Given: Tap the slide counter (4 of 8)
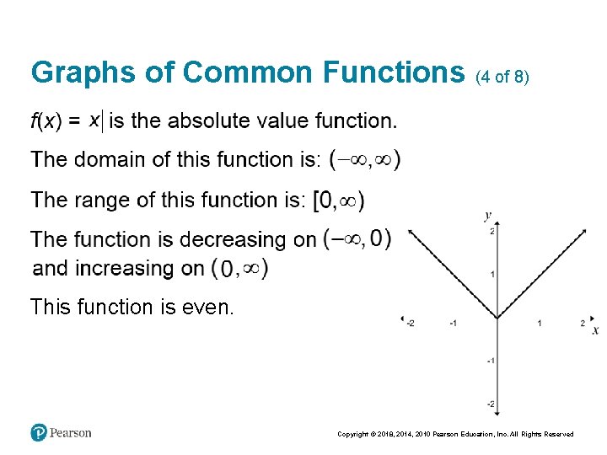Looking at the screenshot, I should click(x=502, y=77).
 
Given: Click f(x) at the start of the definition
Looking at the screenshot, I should click(x=46, y=121).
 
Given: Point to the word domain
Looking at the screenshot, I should click(x=110, y=159).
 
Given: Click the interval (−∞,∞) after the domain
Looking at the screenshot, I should click(x=364, y=159).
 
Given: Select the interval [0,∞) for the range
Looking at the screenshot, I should click(x=338, y=201).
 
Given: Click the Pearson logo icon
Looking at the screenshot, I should click(x=39, y=433).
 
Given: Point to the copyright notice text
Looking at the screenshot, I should click(x=455, y=434).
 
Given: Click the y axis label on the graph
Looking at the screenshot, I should click(x=487, y=216).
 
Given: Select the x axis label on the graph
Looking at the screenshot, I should click(x=595, y=329).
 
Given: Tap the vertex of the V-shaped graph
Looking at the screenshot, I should click(x=496, y=318).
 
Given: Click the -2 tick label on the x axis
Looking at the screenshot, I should click(x=410, y=324).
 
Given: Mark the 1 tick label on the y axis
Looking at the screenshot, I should click(x=492, y=275).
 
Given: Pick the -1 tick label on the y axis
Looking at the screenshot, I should click(x=490, y=361).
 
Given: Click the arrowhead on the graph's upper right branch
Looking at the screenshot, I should click(x=583, y=231).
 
